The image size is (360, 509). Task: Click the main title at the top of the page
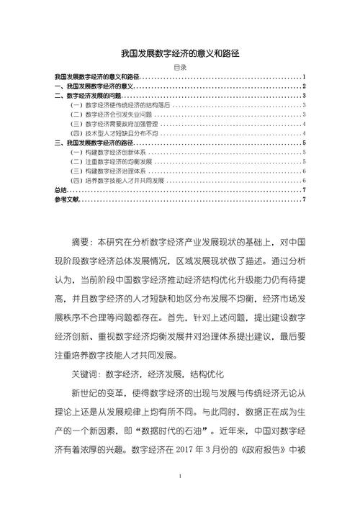(180, 53)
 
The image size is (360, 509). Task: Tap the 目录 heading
(180, 68)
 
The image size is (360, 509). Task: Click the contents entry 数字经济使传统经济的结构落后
(120, 105)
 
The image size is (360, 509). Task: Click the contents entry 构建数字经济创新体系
(108, 152)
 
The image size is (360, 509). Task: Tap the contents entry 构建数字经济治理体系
(108, 171)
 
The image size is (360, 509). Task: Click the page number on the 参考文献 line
(305, 199)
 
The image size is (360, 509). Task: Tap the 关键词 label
(85, 374)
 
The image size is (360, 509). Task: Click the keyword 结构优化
(207, 374)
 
